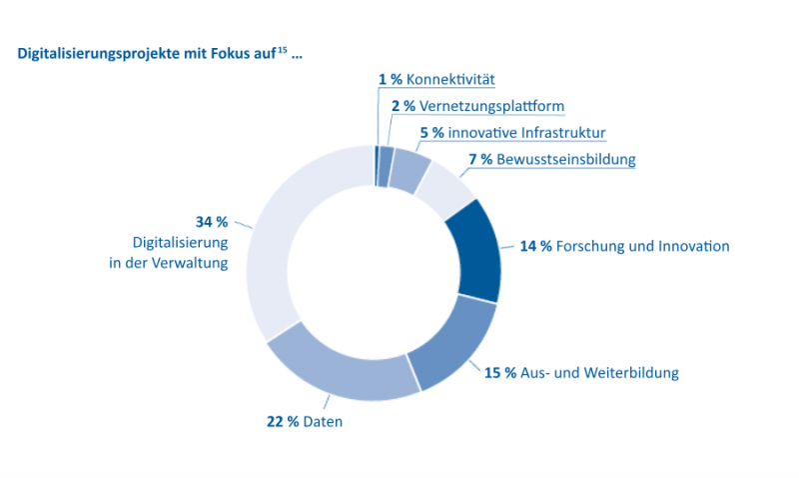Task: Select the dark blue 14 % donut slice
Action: (473, 249)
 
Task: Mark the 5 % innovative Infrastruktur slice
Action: (408, 167)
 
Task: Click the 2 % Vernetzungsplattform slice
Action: (386, 166)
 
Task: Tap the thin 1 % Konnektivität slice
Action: (377, 165)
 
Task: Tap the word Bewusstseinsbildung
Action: (566, 159)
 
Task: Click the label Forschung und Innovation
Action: (643, 246)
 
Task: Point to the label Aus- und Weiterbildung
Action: (599, 373)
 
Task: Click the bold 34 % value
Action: (211, 221)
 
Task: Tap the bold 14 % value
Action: (536, 246)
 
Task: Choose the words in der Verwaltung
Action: (169, 264)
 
